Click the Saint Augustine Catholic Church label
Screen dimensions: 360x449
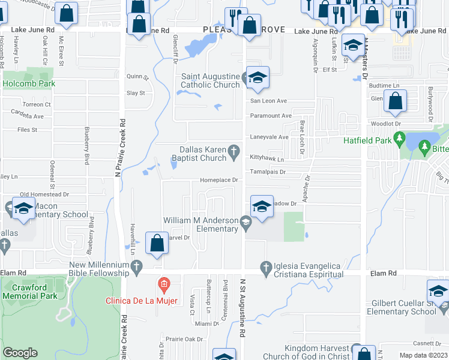[x=210, y=80]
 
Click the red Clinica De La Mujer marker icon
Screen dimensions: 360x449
[x=163, y=283]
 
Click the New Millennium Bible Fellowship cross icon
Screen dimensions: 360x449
[x=136, y=265]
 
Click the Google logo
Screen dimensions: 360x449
[x=20, y=353]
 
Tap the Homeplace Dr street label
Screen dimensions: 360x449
[x=219, y=180]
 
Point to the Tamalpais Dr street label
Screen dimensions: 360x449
[x=268, y=172]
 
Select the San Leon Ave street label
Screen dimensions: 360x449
[x=268, y=101]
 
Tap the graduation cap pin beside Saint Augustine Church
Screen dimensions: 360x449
[x=257, y=78]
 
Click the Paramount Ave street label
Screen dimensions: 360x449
[x=271, y=115]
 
